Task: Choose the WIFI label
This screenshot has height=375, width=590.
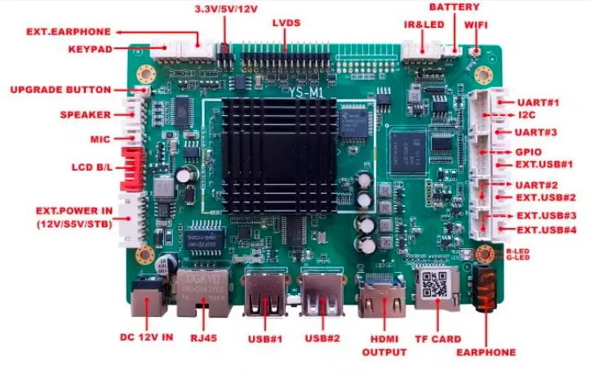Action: coord(477,25)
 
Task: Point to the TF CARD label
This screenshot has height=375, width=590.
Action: coord(439,338)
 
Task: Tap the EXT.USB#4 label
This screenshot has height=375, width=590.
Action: coord(547,230)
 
